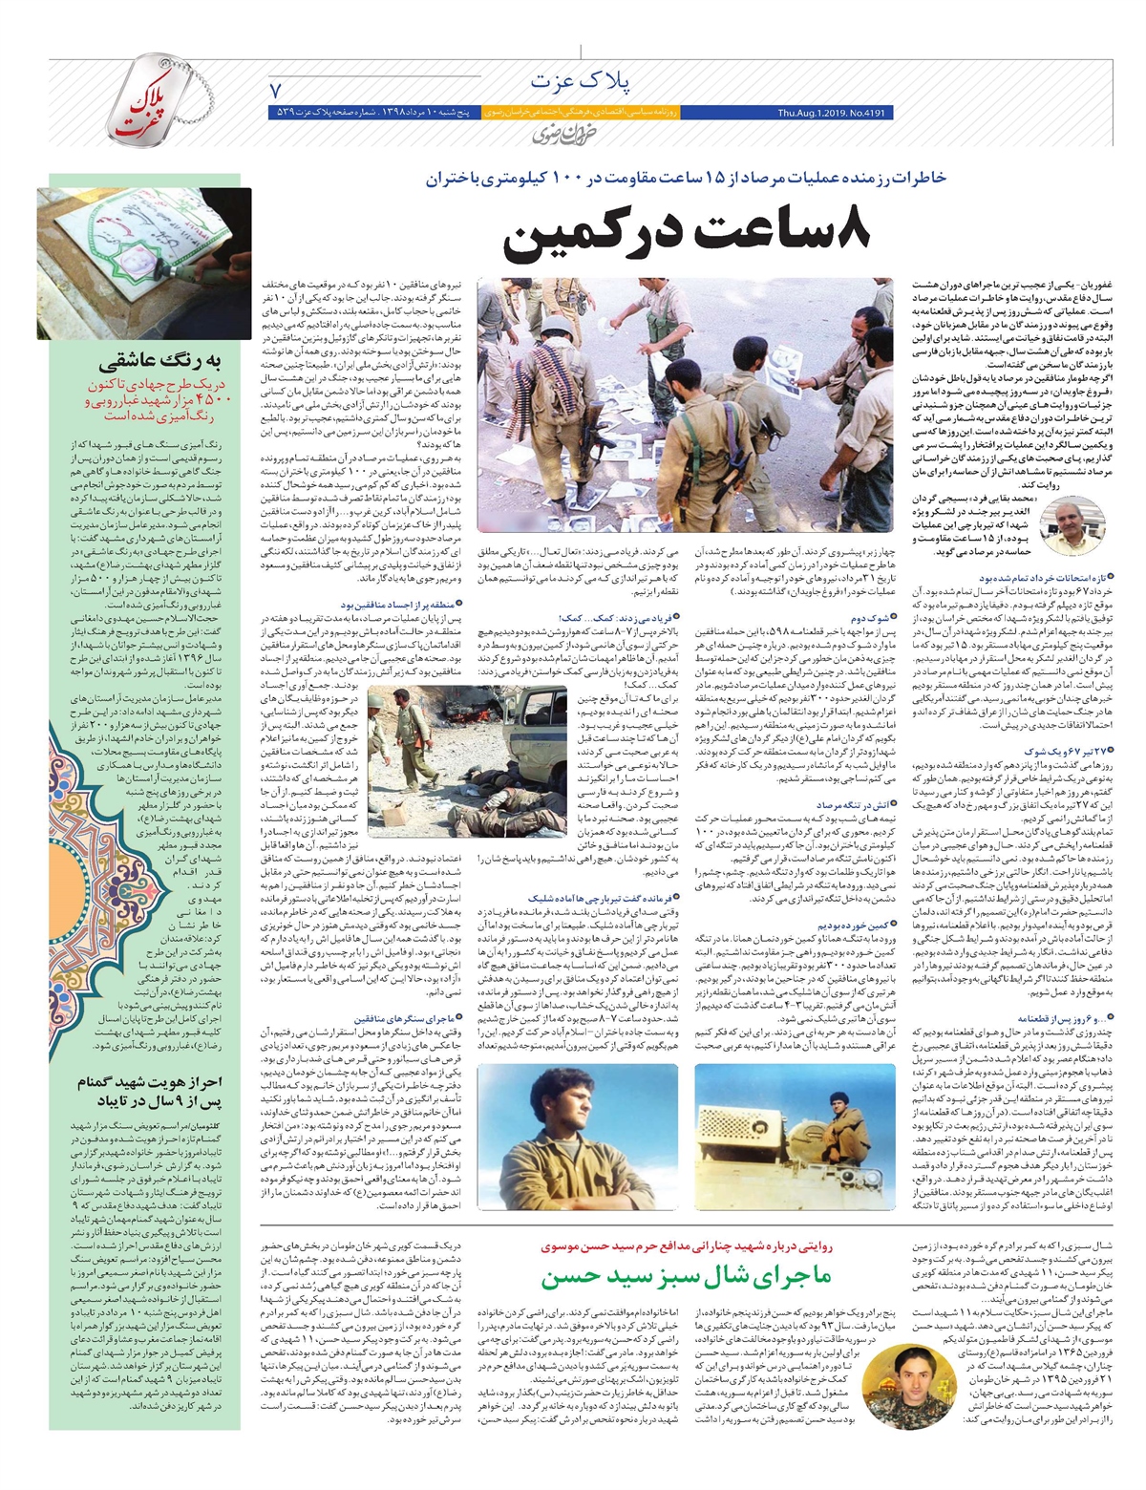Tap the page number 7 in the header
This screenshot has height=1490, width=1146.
(278, 91)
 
